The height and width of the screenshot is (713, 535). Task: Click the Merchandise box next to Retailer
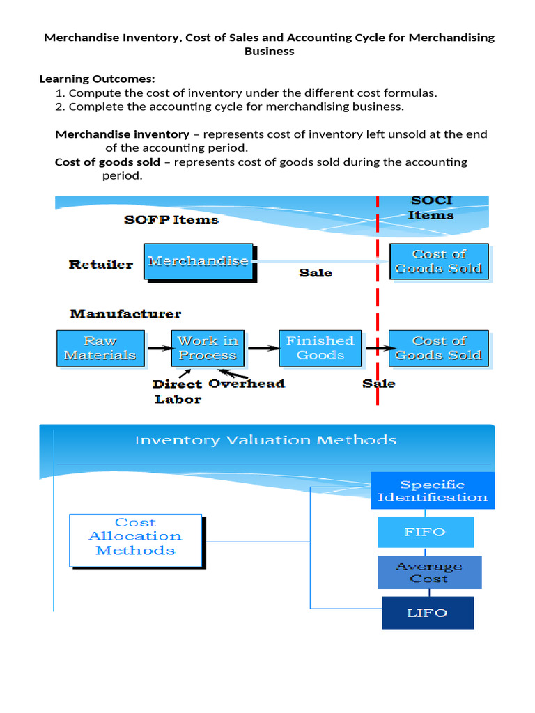pos(199,261)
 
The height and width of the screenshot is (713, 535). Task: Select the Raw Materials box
pos(100,348)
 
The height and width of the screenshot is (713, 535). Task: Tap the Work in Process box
pos(208,348)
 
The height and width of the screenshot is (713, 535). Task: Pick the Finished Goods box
pos(320,348)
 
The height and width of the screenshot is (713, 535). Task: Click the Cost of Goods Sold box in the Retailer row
pos(439,261)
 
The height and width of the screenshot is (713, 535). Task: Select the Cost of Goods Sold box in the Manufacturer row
pos(439,348)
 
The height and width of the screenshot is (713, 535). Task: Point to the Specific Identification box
pos(432,491)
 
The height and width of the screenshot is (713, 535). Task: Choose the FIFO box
pos(425,532)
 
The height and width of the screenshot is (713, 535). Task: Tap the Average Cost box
pos(429,572)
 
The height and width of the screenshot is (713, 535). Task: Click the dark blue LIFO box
pos(427,613)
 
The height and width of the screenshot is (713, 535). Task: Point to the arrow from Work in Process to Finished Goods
pos(261,347)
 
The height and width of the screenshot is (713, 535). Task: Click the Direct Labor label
pos(178,392)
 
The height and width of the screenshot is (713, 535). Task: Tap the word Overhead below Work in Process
pos(247,384)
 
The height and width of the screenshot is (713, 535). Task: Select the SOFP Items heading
pos(171,220)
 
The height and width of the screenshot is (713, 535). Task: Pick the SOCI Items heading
pos(431,207)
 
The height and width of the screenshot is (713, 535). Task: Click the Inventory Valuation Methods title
pos(265,440)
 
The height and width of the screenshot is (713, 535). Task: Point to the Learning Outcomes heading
pos(97,79)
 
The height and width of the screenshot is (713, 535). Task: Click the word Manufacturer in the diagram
pos(125,314)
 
